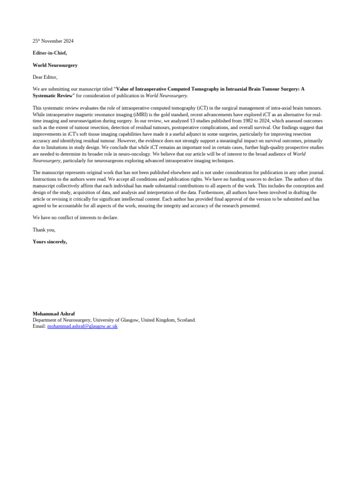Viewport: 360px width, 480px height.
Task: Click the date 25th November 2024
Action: point(53,41)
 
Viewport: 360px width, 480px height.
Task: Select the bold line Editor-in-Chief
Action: point(50,53)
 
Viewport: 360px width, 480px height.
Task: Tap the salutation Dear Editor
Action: point(45,77)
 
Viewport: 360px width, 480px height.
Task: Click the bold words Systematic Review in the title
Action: point(52,95)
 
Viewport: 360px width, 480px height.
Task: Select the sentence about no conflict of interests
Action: point(75,217)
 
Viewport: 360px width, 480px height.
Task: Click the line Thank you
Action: point(44,230)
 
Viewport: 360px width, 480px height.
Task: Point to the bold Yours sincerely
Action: point(50,241)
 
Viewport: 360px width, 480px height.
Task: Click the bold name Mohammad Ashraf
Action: point(53,313)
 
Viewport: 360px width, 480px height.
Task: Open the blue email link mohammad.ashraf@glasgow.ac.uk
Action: point(82,326)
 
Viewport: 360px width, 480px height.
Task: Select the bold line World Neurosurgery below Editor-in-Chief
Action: point(55,65)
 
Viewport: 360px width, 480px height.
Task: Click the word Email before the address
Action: point(39,326)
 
